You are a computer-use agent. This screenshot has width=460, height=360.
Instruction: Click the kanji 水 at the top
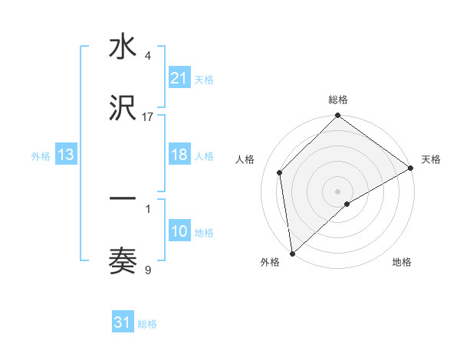[123, 47]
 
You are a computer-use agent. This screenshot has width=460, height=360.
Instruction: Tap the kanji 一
[123, 199]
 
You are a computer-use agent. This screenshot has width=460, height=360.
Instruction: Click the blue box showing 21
[179, 77]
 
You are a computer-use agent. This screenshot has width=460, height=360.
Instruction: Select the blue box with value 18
[179, 155]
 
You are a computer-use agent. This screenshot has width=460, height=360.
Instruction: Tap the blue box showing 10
[179, 231]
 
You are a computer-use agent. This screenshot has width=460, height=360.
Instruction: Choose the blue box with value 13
[66, 155]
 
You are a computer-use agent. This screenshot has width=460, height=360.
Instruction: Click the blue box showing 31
[123, 322]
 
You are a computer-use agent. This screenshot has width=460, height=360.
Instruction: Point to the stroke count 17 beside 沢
[148, 116]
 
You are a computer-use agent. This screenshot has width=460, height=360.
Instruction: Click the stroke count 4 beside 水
[147, 56]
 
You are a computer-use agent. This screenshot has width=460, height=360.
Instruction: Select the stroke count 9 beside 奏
[147, 270]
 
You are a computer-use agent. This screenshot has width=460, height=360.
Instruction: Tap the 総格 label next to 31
[147, 324]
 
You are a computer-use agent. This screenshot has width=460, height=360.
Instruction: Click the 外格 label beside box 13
[41, 155]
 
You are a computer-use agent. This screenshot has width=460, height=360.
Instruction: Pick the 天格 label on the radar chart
[431, 159]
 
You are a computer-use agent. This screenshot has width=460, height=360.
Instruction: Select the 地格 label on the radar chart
[402, 262]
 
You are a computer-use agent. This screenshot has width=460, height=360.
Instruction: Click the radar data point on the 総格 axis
[337, 116]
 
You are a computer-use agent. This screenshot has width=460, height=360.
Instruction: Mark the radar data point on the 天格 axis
[410, 168]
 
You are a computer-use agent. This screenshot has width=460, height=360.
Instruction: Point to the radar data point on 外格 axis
[292, 253]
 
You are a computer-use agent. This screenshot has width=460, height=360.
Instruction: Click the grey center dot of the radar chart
[337, 191]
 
